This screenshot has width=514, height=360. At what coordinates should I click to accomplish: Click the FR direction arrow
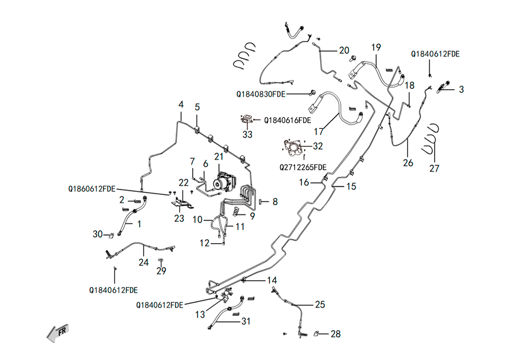click(x=58, y=333)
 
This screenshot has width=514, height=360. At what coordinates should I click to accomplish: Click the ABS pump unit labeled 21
click(x=225, y=182)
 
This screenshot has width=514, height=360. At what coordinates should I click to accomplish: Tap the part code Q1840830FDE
click(x=261, y=95)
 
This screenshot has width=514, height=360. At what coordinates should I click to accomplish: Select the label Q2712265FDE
click(x=303, y=168)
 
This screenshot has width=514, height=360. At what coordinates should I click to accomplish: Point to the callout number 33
click(x=248, y=134)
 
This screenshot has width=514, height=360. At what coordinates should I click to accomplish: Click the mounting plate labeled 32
click(x=293, y=148)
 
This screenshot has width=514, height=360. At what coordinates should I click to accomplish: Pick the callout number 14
click(x=272, y=280)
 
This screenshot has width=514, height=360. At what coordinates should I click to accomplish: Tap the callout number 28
click(x=336, y=334)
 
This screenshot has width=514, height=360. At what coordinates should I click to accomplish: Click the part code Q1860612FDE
click(x=92, y=189)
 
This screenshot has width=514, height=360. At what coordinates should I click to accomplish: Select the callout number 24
click(x=143, y=262)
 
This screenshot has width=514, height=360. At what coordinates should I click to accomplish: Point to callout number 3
click(x=461, y=89)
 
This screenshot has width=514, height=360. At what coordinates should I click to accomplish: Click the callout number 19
click(x=376, y=47)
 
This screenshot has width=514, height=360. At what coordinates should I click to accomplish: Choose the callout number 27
click(x=434, y=169)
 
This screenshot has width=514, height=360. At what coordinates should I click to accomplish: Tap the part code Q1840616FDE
click(x=287, y=120)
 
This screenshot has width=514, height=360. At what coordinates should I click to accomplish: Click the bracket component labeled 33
click(x=247, y=120)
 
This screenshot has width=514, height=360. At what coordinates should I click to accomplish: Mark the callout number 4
click(x=181, y=104)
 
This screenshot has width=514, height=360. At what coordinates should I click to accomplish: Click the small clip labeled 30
click(x=112, y=235)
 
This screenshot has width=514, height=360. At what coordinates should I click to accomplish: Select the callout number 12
click(x=205, y=243)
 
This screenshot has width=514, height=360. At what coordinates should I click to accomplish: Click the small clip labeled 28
click(x=317, y=334)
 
